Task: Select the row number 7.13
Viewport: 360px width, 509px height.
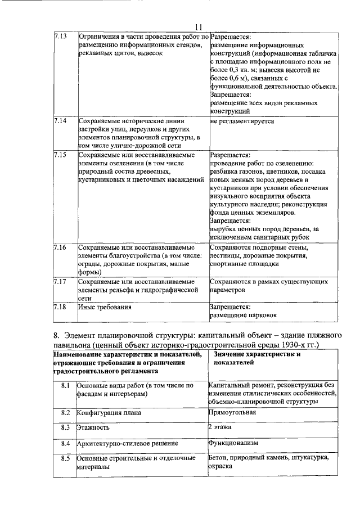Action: (x=60, y=36)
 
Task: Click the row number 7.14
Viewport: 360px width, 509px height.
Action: (x=60, y=121)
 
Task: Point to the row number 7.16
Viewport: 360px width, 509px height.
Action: (x=60, y=247)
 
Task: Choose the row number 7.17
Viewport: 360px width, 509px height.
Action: (x=60, y=281)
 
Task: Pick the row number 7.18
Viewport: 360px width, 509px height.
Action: (x=60, y=307)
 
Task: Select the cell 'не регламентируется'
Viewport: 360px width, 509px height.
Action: (x=242, y=121)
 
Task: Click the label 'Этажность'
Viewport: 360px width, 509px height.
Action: (x=93, y=428)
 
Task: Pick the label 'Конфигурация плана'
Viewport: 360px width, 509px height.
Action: (x=109, y=413)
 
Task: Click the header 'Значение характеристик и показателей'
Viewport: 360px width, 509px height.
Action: (x=258, y=359)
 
